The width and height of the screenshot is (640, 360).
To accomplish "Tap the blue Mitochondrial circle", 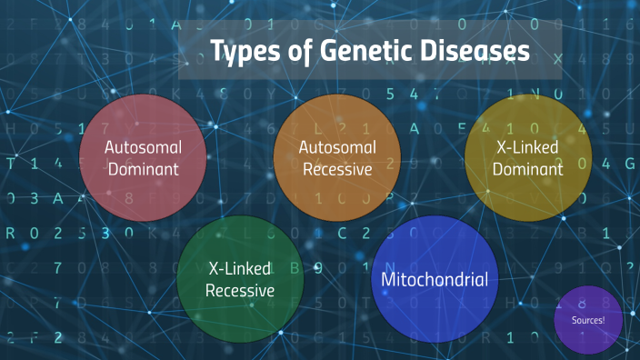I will coord(435,278).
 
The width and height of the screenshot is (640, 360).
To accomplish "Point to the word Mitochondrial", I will coord(435,279).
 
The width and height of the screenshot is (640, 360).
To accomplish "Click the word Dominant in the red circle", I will coord(144,169).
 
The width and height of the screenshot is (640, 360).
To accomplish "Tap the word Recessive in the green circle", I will coord(240,291).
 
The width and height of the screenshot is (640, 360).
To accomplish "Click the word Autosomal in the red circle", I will coord(144,146).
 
